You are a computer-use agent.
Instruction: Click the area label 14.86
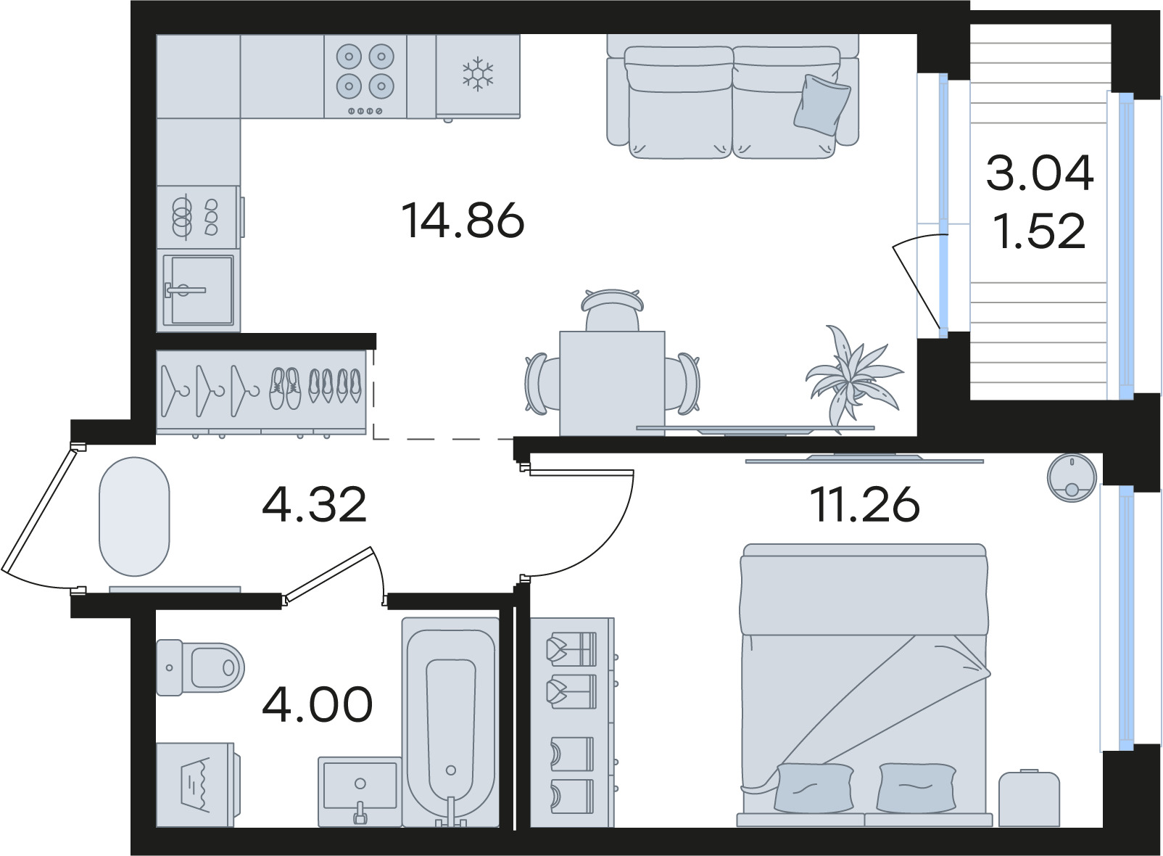(x=463, y=221)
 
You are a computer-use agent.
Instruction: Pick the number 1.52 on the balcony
(x=1040, y=231)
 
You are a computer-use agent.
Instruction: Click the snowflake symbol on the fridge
(x=478, y=73)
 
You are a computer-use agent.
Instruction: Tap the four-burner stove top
(x=365, y=76)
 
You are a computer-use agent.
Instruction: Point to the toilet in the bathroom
(x=200, y=667)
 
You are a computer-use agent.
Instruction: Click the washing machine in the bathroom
(x=198, y=784)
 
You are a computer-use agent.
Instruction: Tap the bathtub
(x=450, y=722)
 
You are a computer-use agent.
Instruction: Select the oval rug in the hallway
(x=134, y=517)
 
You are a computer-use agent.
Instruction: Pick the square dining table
(x=612, y=383)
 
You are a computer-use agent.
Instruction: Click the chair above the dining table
(x=613, y=310)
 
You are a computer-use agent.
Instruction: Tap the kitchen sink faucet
(x=184, y=290)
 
